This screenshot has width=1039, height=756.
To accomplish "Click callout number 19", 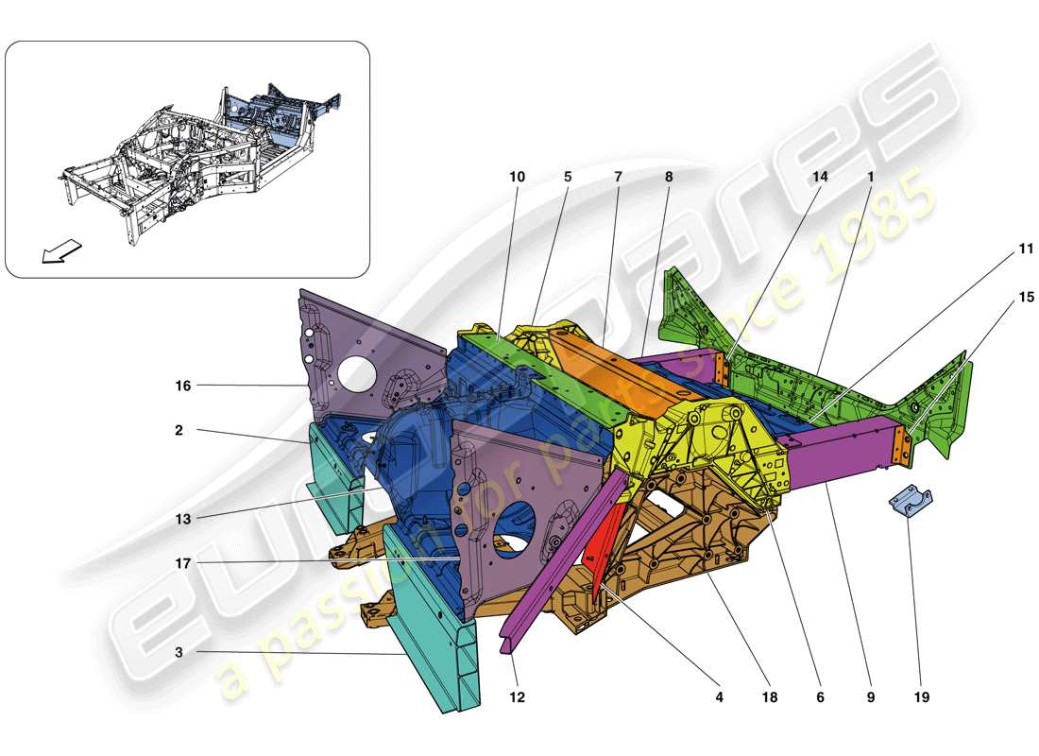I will tap(921, 697).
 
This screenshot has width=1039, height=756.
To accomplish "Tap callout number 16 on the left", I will tap(183, 385).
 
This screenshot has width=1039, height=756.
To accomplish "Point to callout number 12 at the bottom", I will tap(517, 697).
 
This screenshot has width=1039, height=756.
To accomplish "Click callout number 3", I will tap(179, 652).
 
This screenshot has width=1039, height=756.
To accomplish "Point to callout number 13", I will tap(182, 519).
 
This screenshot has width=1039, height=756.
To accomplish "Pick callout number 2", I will tap(179, 430).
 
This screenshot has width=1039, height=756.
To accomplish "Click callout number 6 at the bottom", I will tap(820, 697).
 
